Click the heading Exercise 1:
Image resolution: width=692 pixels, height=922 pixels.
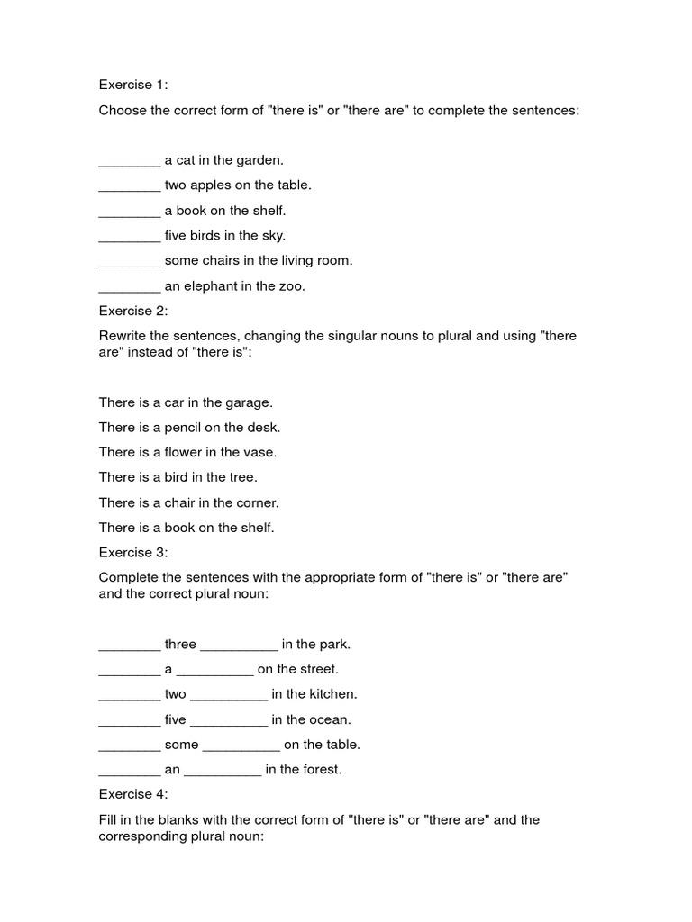click(133, 85)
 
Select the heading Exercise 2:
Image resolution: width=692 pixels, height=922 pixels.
click(133, 311)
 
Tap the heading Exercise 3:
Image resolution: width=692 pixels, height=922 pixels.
click(133, 552)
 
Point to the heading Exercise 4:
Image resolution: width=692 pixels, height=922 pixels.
click(133, 794)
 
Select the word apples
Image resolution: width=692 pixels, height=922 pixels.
click(210, 185)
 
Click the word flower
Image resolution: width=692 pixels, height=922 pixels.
click(190, 452)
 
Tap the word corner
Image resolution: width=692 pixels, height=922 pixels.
click(258, 502)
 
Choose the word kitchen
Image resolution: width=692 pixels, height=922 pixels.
click(332, 694)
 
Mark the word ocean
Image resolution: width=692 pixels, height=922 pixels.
click(330, 719)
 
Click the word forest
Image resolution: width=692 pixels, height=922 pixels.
click(321, 770)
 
